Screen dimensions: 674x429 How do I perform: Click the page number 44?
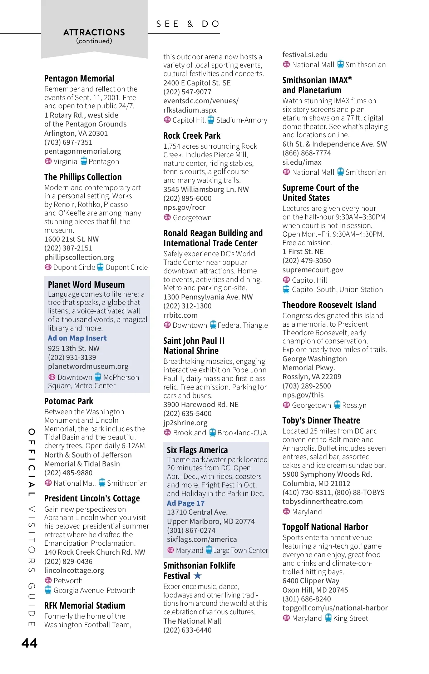point(29,643)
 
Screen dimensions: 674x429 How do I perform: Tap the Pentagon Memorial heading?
point(79,79)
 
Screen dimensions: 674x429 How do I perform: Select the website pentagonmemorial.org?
point(83,151)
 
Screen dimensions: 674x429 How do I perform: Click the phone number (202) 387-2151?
point(68,248)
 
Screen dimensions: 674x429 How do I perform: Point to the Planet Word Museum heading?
point(87,284)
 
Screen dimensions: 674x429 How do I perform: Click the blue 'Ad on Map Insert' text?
point(77,338)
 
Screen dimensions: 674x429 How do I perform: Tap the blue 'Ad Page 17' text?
point(186,503)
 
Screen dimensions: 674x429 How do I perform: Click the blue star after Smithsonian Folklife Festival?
point(198,575)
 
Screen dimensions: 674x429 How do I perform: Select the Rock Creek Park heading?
point(192,136)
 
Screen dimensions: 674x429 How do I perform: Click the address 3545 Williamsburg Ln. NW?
point(206,189)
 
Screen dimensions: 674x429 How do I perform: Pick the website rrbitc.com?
point(181,315)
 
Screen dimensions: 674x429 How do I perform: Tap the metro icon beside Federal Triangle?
point(213,325)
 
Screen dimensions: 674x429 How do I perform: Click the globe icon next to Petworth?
point(48,580)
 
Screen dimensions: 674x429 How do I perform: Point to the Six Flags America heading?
point(197,450)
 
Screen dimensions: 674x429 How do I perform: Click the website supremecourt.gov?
point(313,270)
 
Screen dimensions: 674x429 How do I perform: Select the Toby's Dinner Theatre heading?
point(321,421)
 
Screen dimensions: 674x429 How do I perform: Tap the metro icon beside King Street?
point(328,618)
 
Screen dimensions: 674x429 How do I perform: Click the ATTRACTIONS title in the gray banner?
point(94,33)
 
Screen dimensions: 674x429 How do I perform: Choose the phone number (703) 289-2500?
point(307,386)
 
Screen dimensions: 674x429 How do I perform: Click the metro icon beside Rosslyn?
point(337,405)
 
